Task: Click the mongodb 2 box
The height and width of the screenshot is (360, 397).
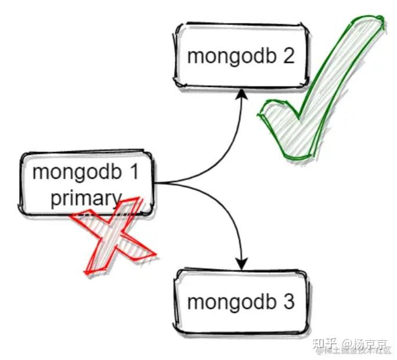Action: coord(240,56)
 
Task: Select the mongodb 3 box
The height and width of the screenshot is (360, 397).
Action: coord(241,302)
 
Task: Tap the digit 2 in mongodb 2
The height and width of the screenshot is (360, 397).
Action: coord(288,56)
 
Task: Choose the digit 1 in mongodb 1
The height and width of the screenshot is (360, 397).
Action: coord(133,172)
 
